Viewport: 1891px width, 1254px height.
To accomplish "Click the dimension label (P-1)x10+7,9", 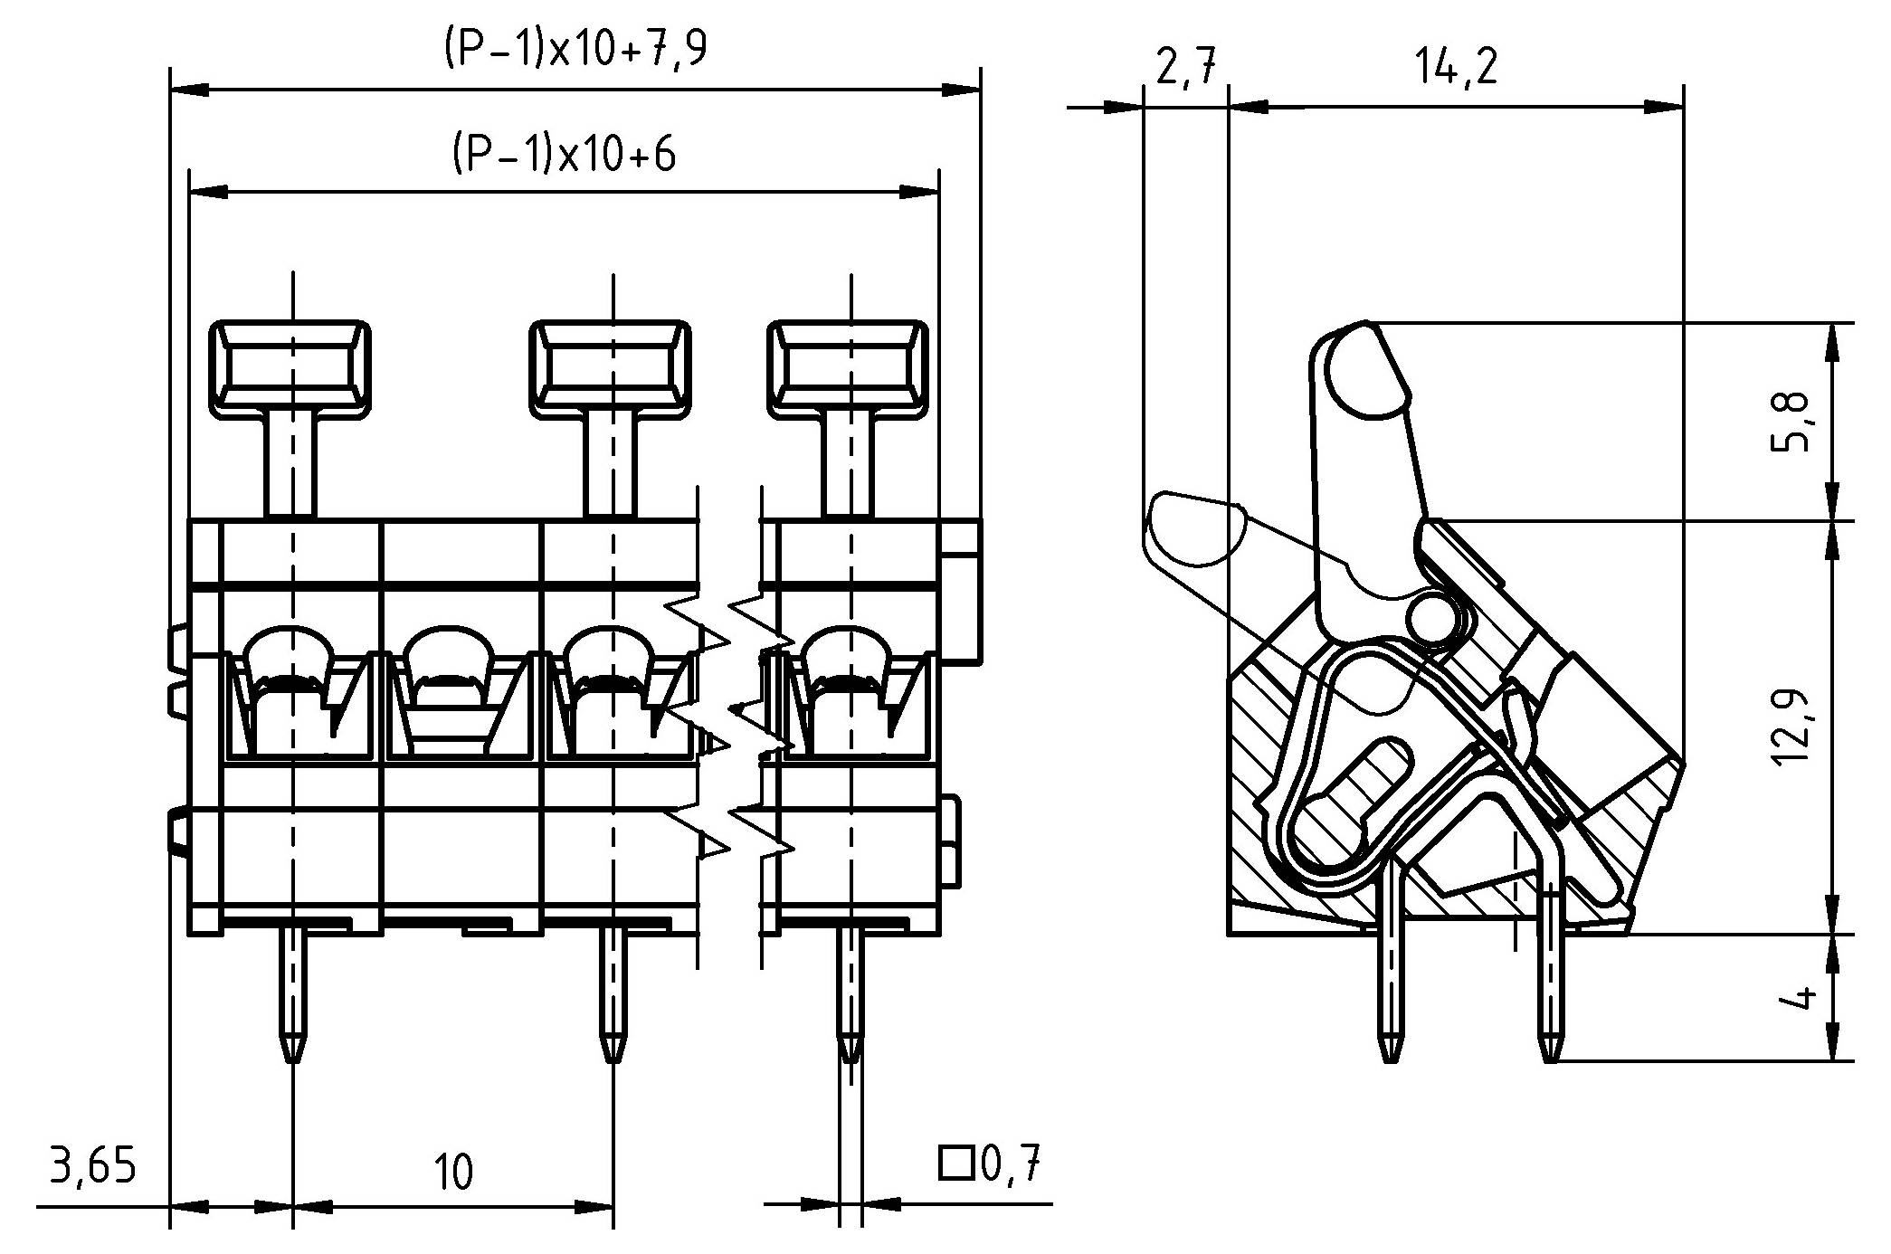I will (575, 50).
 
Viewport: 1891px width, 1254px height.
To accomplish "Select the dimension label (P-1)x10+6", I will (563, 155).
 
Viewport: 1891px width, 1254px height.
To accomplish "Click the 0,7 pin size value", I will (1011, 1164).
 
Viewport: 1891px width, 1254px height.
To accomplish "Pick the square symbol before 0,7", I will (955, 1164).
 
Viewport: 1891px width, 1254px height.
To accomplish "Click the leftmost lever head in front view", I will (290, 369).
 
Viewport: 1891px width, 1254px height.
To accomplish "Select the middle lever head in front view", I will (611, 369).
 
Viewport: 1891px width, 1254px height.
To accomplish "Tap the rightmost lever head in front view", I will (849, 369).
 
